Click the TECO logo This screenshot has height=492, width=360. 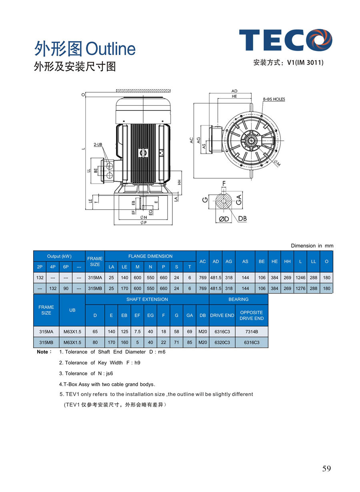[x=286, y=40]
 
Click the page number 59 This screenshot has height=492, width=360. [x=326, y=469]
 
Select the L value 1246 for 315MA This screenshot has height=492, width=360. [x=300, y=278]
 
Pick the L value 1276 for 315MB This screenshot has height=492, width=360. [x=300, y=288]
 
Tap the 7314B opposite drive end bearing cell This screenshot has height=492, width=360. [x=252, y=332]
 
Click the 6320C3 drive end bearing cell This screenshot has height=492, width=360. [x=222, y=342]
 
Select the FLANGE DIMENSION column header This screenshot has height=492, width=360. [x=150, y=256]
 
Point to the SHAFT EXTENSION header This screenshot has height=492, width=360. [x=147, y=299]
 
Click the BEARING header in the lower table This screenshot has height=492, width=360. [x=238, y=299]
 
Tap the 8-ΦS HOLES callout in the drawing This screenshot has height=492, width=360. [x=274, y=99]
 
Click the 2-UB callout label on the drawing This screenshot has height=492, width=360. [x=98, y=144]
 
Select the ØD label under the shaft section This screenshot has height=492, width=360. [x=224, y=219]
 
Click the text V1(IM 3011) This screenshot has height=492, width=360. [x=305, y=63]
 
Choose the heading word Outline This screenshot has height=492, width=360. [x=111, y=49]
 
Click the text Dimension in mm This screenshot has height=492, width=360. [x=312, y=246]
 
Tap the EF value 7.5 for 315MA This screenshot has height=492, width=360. [x=137, y=332]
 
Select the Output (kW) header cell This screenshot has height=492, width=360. [x=59, y=256]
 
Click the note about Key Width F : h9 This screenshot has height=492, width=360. [x=100, y=363]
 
